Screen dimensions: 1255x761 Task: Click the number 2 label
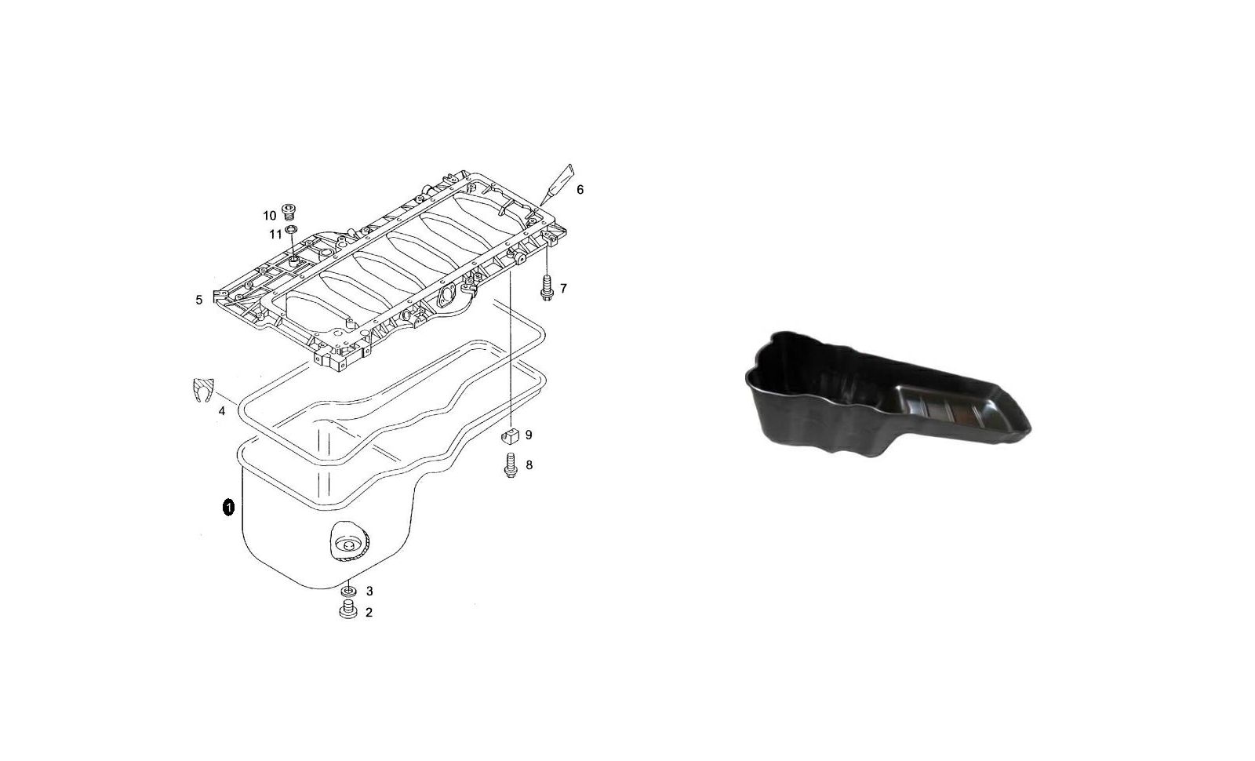pyautogui.click(x=369, y=613)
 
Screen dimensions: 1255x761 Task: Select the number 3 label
pyautogui.click(x=369, y=592)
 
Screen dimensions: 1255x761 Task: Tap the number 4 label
pyautogui.click(x=222, y=411)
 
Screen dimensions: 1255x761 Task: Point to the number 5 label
pyautogui.click(x=199, y=300)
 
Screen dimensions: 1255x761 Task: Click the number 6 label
pyautogui.click(x=580, y=190)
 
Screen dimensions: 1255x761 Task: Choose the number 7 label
pyautogui.click(x=563, y=289)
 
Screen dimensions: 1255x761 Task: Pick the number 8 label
pyautogui.click(x=529, y=465)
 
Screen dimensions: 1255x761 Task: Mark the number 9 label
pyautogui.click(x=529, y=435)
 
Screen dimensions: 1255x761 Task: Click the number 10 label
pyautogui.click(x=270, y=216)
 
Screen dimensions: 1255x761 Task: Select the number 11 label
pyautogui.click(x=275, y=235)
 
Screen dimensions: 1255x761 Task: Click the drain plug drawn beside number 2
pyautogui.click(x=348, y=610)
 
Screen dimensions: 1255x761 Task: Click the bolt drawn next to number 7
pyautogui.click(x=546, y=287)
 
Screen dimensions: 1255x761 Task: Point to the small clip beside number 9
pyautogui.click(x=510, y=435)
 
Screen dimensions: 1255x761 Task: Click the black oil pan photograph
pyautogui.click(x=887, y=395)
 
